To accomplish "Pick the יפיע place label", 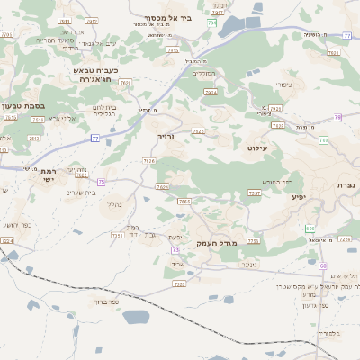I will pyautogui.click(x=299, y=195).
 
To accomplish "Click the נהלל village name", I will pyautogui.click(x=114, y=204).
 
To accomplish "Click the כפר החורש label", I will pyautogui.click(x=271, y=181).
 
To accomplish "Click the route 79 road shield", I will pyautogui.click(x=337, y=118).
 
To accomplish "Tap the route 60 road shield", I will pyautogui.click(x=322, y=265).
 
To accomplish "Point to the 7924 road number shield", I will pyautogui.click(x=211, y=92).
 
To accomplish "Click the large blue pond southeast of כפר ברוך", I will pyautogui.click(x=136, y=317).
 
